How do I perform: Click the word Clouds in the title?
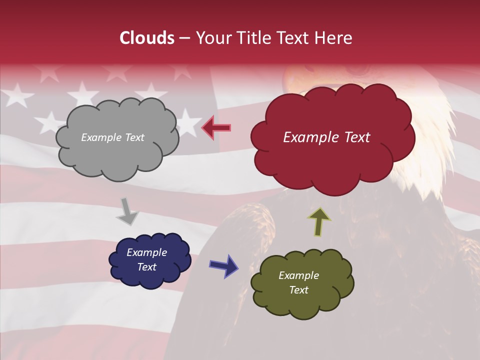147,38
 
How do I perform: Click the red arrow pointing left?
216,128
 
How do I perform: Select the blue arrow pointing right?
223,265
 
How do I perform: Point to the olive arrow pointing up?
319,221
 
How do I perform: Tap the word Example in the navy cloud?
146,252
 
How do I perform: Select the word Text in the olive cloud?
298,290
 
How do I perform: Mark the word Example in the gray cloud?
100,137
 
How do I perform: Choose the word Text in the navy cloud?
146,267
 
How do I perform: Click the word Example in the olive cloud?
298,275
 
